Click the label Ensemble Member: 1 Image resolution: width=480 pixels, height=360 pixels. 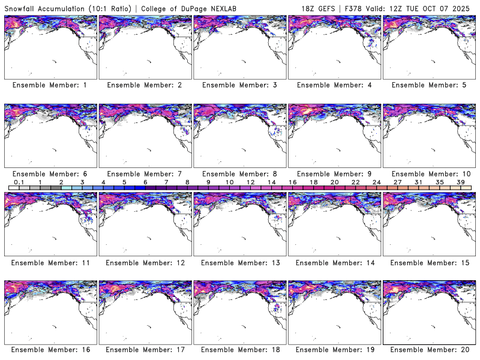(50, 85)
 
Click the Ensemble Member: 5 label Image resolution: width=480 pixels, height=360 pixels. (428, 85)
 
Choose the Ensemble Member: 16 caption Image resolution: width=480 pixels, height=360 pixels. (50, 349)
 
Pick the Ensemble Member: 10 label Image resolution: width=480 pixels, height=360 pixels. (429, 173)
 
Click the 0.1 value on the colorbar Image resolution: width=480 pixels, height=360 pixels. (19, 181)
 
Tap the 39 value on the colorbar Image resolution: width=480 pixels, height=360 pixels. (460, 181)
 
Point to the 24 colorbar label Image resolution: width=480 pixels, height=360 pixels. (376, 181)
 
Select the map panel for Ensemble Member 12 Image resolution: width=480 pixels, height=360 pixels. (145, 224)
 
